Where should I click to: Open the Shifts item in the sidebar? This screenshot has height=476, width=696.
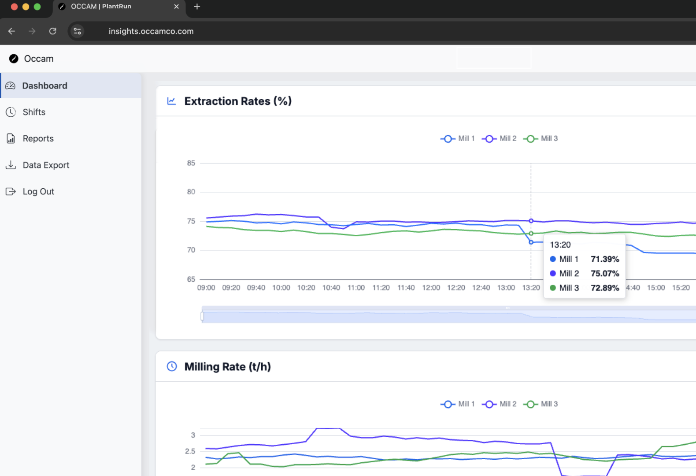pos(34,112)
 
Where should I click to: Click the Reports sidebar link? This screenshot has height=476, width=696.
pos(38,138)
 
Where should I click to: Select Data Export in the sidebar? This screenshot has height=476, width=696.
pos(46,165)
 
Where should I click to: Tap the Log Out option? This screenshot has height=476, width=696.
pos(38,191)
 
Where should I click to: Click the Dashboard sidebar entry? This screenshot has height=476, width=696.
pos(44,86)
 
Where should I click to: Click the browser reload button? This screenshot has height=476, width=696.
pos(53,31)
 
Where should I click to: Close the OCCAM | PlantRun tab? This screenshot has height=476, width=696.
pos(176,7)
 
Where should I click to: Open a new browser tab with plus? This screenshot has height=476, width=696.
pos(197,7)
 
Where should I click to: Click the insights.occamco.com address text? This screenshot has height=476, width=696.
pos(151,31)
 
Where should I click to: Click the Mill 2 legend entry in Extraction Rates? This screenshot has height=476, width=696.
pos(500,138)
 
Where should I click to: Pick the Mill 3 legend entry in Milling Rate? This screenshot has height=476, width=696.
pos(541,404)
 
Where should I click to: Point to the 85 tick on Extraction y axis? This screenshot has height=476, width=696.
pos(191,163)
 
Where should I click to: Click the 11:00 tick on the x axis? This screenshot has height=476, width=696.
pos(356,288)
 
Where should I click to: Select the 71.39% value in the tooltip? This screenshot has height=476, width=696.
pos(605,259)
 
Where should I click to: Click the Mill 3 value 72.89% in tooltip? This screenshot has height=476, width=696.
pos(605,288)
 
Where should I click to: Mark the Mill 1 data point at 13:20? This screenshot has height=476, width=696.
pos(531,242)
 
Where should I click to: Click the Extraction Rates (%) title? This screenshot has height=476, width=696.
pos(238,101)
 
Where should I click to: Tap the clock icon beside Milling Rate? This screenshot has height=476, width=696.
pos(172,366)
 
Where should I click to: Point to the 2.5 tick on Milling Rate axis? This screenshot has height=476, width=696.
pos(190,451)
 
